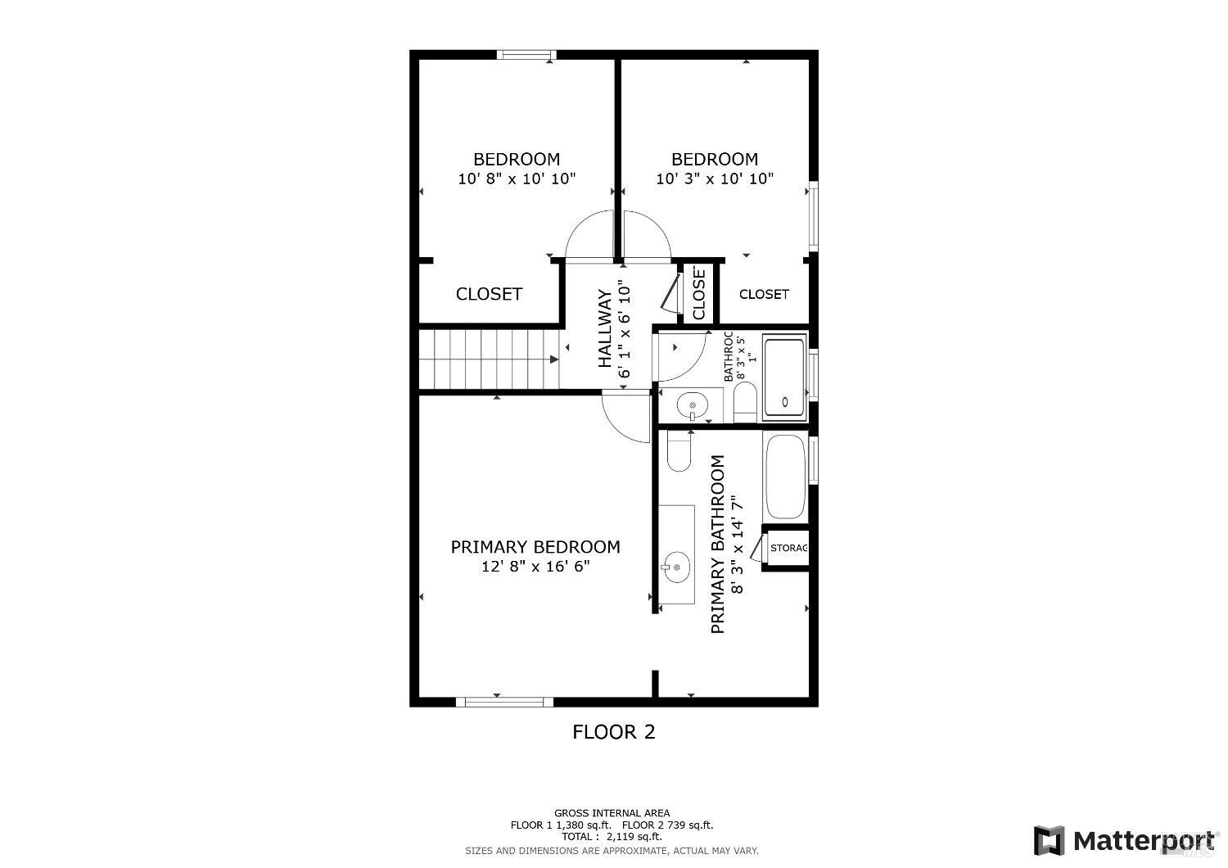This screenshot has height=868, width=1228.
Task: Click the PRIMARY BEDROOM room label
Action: pos(535,547)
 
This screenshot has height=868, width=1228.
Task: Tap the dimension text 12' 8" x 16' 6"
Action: pos(535,567)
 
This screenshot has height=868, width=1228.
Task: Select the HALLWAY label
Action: pos(605,328)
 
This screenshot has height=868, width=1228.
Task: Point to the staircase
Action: pos(489,359)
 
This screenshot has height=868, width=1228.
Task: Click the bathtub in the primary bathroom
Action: pos(785,477)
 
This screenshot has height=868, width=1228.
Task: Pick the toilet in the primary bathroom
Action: pos(679,453)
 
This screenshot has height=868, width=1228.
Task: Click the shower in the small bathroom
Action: pos(784,377)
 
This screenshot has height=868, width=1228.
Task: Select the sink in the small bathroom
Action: pos(693,405)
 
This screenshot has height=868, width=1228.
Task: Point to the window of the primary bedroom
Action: pos(504,702)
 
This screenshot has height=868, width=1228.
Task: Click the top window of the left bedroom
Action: pos(526,56)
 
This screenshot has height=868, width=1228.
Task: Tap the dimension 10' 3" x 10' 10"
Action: pos(715,179)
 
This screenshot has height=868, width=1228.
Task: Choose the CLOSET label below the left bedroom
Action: pos(489,294)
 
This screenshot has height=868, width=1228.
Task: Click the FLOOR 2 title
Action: pos(613,732)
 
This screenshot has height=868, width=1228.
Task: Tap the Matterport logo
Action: pos(1126,841)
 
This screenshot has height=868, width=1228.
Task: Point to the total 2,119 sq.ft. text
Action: pos(612,837)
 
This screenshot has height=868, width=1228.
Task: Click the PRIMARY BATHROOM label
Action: pos(718,545)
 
